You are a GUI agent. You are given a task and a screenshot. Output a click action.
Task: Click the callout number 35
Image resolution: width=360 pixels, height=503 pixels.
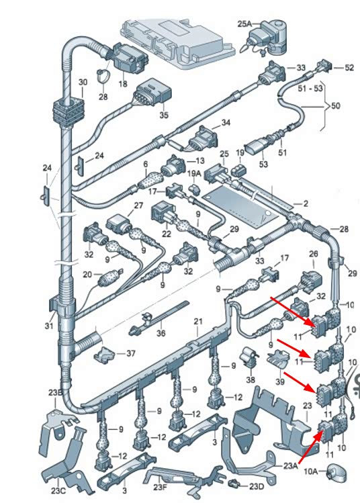pyautogui.click(x=164, y=115)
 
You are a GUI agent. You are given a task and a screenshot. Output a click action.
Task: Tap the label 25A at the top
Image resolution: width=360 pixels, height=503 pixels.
pyautogui.click(x=244, y=24)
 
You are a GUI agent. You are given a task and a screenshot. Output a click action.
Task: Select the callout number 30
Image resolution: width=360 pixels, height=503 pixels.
pyautogui.click(x=83, y=82)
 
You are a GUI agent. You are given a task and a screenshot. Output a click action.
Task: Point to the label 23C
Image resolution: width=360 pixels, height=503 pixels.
pyautogui.click(x=58, y=490)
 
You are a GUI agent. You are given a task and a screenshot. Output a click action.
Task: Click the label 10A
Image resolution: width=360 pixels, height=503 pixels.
pyautogui.click(x=310, y=471)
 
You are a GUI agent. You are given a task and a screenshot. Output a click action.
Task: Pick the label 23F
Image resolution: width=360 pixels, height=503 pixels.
pyautogui.click(x=160, y=488)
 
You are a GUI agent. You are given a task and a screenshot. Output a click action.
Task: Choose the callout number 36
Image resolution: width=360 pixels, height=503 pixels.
pyautogui.click(x=161, y=333)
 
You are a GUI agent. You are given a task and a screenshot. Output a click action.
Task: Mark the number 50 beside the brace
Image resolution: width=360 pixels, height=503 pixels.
pyautogui.click(x=335, y=105)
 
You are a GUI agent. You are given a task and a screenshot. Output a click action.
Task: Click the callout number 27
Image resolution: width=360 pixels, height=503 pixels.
pyautogui.click(x=138, y=205)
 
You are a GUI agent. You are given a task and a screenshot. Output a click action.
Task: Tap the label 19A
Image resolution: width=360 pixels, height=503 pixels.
pyautogui.click(x=194, y=173)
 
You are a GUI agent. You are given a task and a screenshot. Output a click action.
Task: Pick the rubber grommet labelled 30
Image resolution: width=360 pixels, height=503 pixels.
pyautogui.click(x=68, y=110)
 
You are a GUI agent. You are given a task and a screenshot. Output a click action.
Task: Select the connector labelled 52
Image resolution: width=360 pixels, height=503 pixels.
pyautogui.click(x=324, y=65)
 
